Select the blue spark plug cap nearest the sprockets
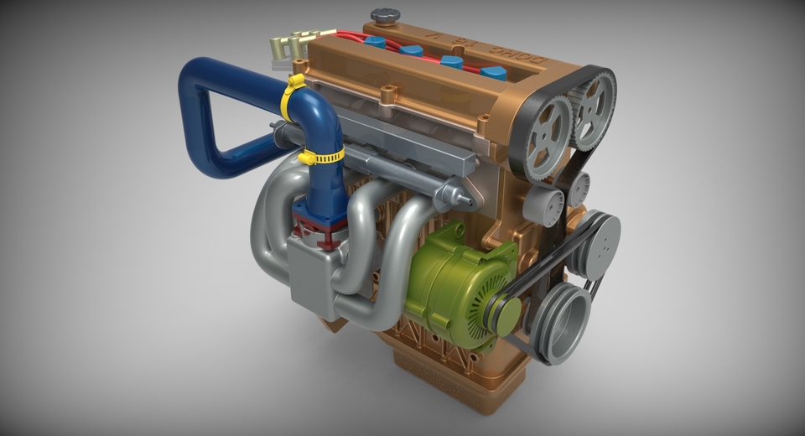click(493, 73)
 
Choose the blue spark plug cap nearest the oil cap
click(375, 40)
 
